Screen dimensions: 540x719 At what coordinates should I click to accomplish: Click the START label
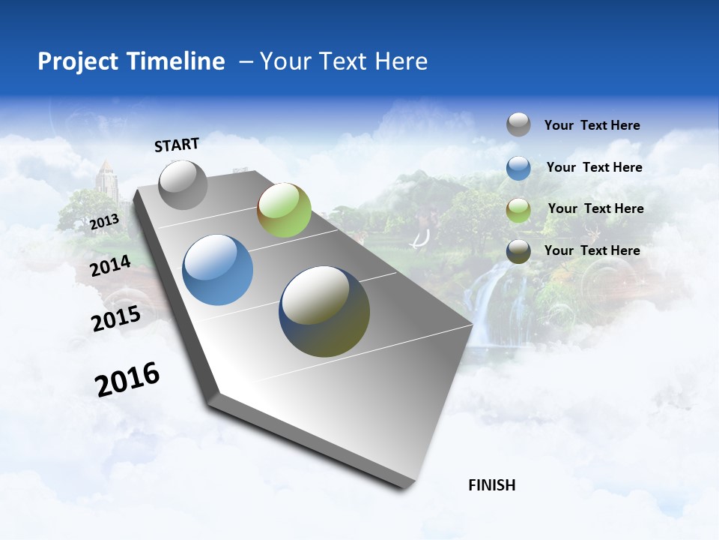177,145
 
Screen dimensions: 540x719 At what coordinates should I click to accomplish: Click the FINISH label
492,485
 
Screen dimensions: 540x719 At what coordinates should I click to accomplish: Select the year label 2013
104,222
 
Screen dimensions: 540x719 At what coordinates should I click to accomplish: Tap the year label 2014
110,265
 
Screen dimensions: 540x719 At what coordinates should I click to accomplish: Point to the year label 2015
116,319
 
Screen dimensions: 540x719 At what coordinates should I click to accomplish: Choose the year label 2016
127,379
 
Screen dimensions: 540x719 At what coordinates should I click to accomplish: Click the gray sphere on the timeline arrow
183,185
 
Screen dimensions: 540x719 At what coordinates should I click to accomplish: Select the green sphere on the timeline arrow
284,210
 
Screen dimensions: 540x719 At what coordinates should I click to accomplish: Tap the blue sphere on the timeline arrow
218,270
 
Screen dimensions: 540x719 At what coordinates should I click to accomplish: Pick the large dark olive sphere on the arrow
324,311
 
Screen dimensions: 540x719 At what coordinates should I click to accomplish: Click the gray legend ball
518,124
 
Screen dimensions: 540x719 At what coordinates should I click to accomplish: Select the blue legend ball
518,168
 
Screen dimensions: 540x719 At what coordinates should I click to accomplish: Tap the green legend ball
518,210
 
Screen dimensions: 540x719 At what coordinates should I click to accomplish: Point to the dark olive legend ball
518,251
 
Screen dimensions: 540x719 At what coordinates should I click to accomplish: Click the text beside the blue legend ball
594,167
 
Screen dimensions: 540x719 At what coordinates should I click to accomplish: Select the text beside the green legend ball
595,208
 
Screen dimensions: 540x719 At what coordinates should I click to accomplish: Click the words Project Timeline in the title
131,61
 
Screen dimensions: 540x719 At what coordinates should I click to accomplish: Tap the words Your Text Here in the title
343,61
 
